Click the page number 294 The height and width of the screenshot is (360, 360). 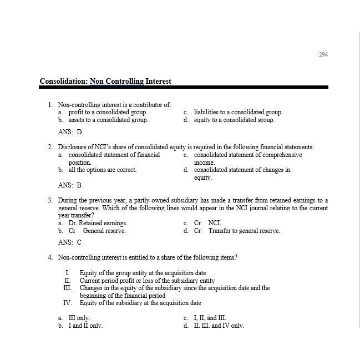tap(323, 54)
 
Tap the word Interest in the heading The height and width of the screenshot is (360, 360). tap(159, 82)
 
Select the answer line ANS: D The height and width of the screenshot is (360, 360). tap(70, 132)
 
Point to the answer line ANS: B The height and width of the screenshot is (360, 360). tap(70, 185)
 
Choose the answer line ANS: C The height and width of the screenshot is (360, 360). tap(70, 242)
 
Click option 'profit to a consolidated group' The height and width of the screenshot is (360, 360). tap(108, 112)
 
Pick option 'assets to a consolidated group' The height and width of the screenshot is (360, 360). tap(108, 119)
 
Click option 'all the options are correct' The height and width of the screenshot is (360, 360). tap(102, 170)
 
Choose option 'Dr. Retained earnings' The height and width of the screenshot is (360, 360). tap(92, 223)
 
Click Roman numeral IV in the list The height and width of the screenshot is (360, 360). tap(68, 303)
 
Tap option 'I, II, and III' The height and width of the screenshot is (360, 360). tap(210, 318)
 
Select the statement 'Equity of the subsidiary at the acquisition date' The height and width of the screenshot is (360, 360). tap(140, 303)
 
